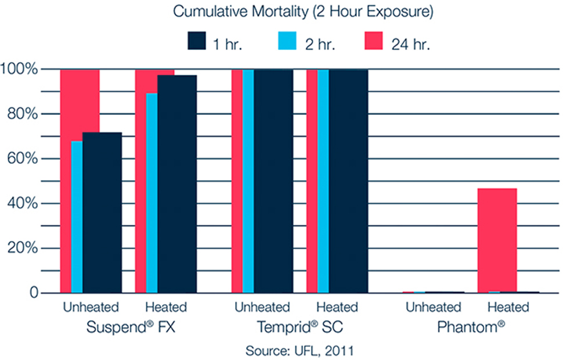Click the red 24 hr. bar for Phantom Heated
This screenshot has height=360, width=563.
(x=497, y=240)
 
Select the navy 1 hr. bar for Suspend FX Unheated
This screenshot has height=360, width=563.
(x=102, y=213)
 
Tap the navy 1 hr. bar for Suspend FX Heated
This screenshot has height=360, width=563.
(x=177, y=184)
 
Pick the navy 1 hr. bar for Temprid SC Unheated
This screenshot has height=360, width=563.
(x=273, y=181)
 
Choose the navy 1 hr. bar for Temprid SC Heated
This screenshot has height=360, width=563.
(x=348, y=181)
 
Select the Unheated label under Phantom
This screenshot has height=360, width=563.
(x=434, y=307)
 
